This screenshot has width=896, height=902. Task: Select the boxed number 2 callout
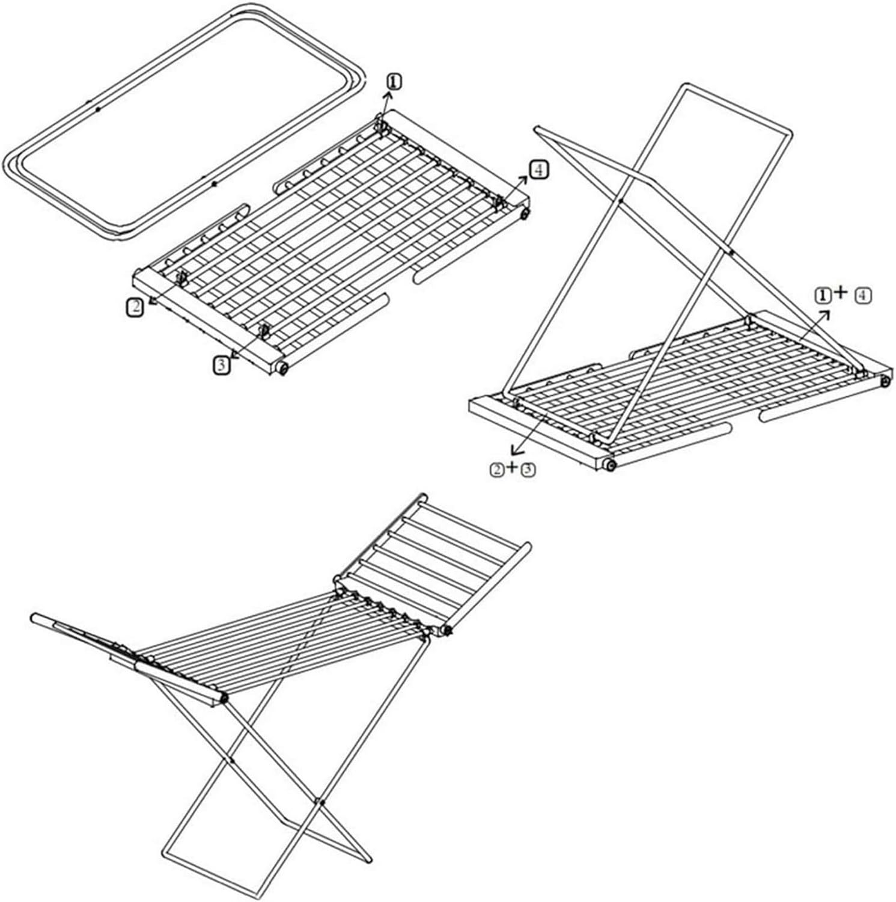pyautogui.click(x=135, y=307)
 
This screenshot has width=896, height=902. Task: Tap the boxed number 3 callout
pyautogui.click(x=222, y=365)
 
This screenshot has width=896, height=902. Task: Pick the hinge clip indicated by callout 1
pyautogui.click(x=381, y=123)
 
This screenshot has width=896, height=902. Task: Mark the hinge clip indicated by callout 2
pyautogui.click(x=181, y=278)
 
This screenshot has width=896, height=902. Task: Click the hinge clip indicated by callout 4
pyautogui.click(x=499, y=203)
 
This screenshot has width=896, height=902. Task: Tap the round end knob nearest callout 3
pyautogui.click(x=282, y=368)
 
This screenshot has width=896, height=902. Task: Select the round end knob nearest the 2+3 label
pyautogui.click(x=610, y=465)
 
